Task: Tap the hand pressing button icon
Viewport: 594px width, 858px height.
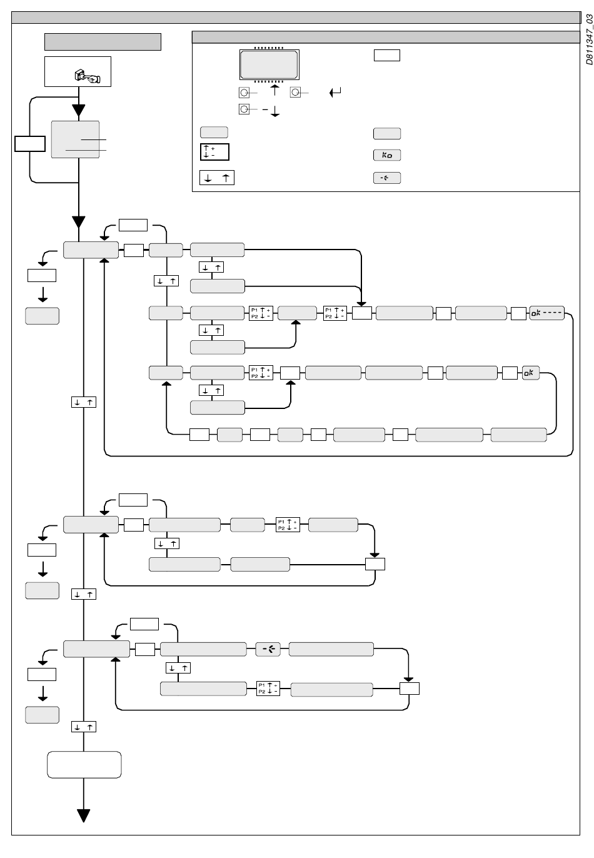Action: pyautogui.click(x=88, y=76)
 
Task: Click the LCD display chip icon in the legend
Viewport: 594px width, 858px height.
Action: pyautogui.click(x=269, y=64)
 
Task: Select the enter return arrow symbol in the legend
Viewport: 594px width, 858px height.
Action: pyautogui.click(x=335, y=92)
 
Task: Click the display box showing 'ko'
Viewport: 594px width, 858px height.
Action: pyautogui.click(x=387, y=155)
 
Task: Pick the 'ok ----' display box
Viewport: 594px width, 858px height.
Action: pyautogui.click(x=546, y=313)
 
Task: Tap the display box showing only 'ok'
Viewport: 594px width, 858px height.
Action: pyautogui.click(x=530, y=373)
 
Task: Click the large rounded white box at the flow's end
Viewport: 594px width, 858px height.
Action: pyautogui.click(x=84, y=765)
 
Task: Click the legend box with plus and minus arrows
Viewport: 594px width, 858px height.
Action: pyautogui.click(x=214, y=152)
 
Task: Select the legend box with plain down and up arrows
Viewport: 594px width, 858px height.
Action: pyautogui.click(x=217, y=178)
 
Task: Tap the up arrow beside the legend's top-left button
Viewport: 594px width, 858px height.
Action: pyautogui.click(x=274, y=91)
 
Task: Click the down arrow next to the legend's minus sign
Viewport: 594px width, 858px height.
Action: pyautogui.click(x=275, y=111)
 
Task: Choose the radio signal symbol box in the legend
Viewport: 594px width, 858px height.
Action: pyautogui.click(x=387, y=178)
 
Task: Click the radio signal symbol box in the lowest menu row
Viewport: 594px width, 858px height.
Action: pyautogui.click(x=268, y=649)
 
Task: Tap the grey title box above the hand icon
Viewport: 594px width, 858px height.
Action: pyautogui.click(x=103, y=42)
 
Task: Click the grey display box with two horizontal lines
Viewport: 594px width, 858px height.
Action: pyautogui.click(x=76, y=139)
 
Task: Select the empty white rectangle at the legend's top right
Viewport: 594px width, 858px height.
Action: pyautogui.click(x=387, y=55)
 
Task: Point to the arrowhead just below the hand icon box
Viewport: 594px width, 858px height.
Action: pyautogui.click(x=79, y=110)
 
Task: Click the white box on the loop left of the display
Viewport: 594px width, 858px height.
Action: pyautogui.click(x=30, y=144)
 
